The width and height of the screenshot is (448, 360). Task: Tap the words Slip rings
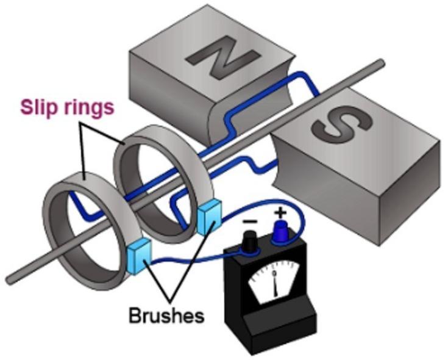pos(68,108)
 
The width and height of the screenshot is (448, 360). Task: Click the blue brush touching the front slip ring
pos(139,254)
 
